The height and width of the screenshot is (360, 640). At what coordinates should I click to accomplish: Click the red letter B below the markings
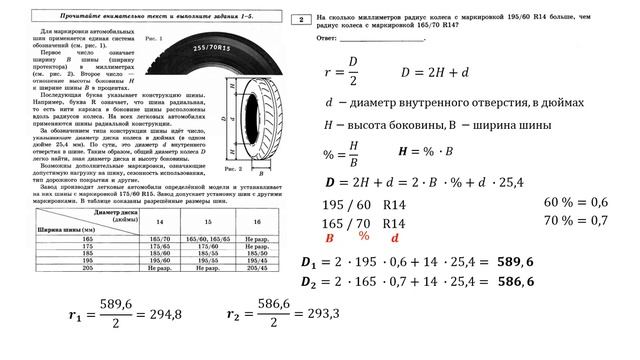(x=329, y=238)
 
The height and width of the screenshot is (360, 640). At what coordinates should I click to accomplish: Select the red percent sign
(x=364, y=236)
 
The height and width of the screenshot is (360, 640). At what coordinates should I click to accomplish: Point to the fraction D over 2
(x=351, y=74)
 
